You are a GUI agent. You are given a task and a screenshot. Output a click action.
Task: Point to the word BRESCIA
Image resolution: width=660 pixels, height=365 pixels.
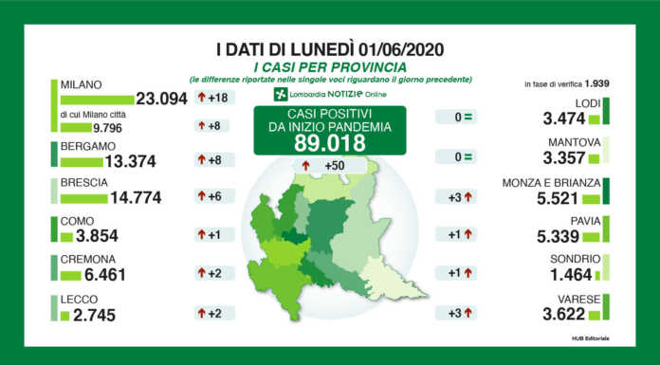coord(82,184)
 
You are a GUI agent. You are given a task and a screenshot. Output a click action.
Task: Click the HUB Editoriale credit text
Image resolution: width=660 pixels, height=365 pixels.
coord(589,338)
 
